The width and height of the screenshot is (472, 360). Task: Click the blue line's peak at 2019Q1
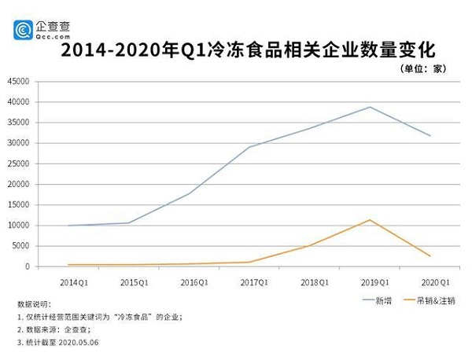[370, 107]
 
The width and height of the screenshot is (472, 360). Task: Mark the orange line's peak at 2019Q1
[370, 219]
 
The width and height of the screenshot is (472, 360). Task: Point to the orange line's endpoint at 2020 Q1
[430, 256]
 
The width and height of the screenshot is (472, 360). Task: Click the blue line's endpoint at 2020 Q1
[430, 136]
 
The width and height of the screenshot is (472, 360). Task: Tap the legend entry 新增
[382, 300]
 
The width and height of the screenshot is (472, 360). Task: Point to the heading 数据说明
[34, 303]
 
